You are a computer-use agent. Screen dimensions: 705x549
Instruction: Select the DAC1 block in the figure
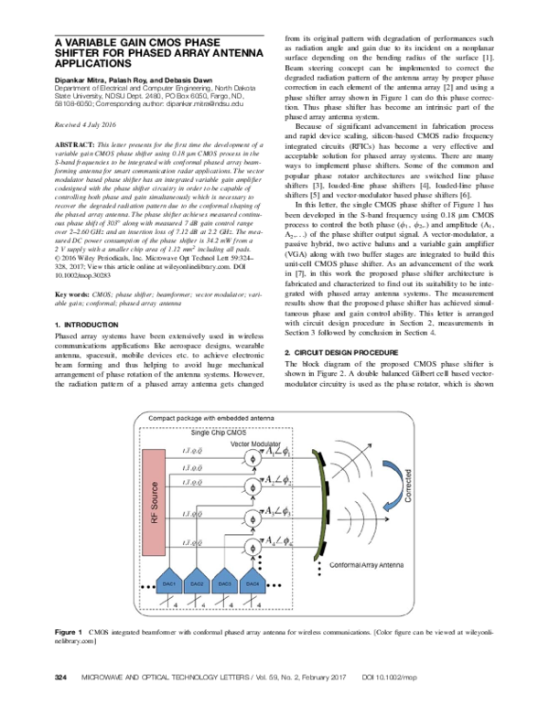click(168, 582)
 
